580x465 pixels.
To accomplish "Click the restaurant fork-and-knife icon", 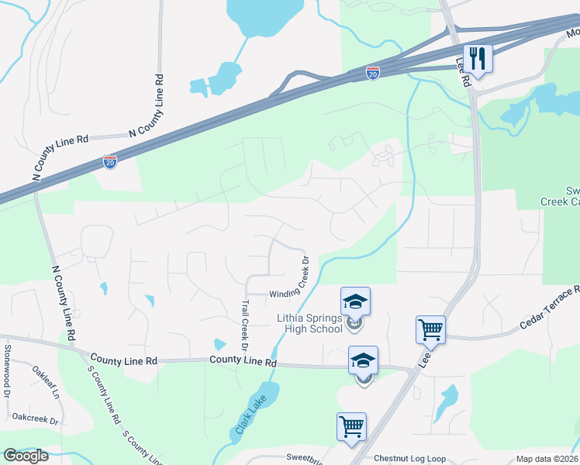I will [478, 58].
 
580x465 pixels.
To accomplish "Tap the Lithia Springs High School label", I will [309, 323].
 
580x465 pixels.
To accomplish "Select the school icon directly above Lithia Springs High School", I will [355, 301].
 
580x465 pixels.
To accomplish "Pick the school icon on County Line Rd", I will [363, 360].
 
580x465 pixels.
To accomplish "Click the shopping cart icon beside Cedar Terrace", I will [430, 329].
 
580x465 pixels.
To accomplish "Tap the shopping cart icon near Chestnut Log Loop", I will [351, 425].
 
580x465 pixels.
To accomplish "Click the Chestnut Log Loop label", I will [409, 459].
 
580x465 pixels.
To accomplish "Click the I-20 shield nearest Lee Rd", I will [373, 73].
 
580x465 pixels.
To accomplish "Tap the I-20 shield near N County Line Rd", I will [110, 162].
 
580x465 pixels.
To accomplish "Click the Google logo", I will [26, 456].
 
